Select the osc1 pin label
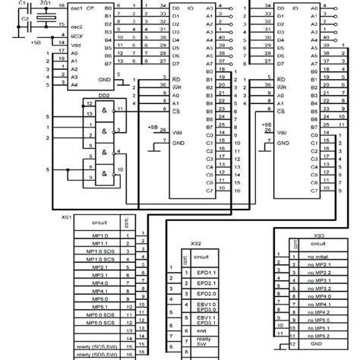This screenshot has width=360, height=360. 75,7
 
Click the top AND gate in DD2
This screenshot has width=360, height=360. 101,110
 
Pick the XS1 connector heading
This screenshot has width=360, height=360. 67,216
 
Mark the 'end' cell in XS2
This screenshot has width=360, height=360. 201,330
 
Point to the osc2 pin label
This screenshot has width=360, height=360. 75,24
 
